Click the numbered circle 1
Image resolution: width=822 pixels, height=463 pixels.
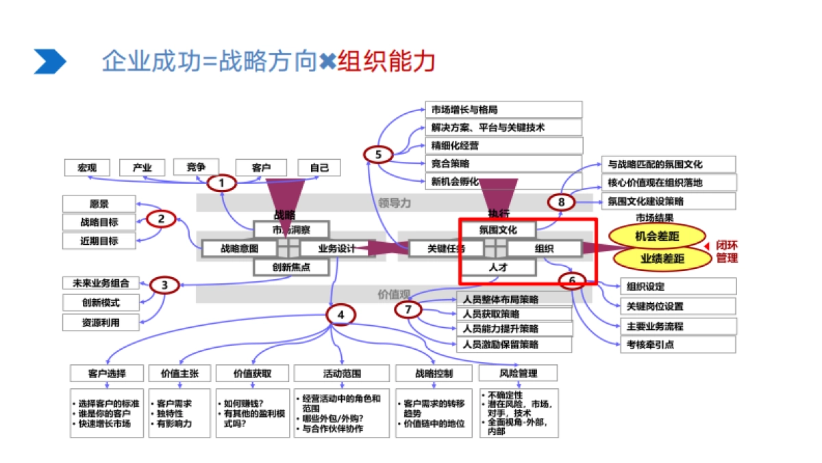(x=222, y=183)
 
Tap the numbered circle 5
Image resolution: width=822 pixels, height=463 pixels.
(x=378, y=154)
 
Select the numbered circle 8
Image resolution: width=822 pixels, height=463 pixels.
(x=561, y=202)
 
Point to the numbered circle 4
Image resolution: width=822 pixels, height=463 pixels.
(x=341, y=315)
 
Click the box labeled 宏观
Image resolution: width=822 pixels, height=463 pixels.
(x=87, y=167)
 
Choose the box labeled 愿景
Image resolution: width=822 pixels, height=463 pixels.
(x=99, y=204)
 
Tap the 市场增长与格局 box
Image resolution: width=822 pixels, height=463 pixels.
(x=503, y=110)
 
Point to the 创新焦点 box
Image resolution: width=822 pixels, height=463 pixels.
(x=291, y=267)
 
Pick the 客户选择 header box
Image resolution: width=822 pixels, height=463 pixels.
(x=107, y=373)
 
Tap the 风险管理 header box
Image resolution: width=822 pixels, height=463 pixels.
(x=518, y=373)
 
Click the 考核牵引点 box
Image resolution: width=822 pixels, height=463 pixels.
(x=677, y=344)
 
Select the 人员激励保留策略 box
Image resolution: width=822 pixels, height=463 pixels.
(x=514, y=344)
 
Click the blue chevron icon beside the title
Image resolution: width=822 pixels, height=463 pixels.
(x=50, y=62)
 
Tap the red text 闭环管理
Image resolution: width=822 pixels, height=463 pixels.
(x=727, y=252)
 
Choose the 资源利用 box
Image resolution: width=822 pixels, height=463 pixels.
(x=101, y=322)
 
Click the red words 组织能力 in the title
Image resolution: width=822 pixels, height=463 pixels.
(x=387, y=61)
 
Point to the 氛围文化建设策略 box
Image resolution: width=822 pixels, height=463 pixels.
(x=668, y=201)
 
